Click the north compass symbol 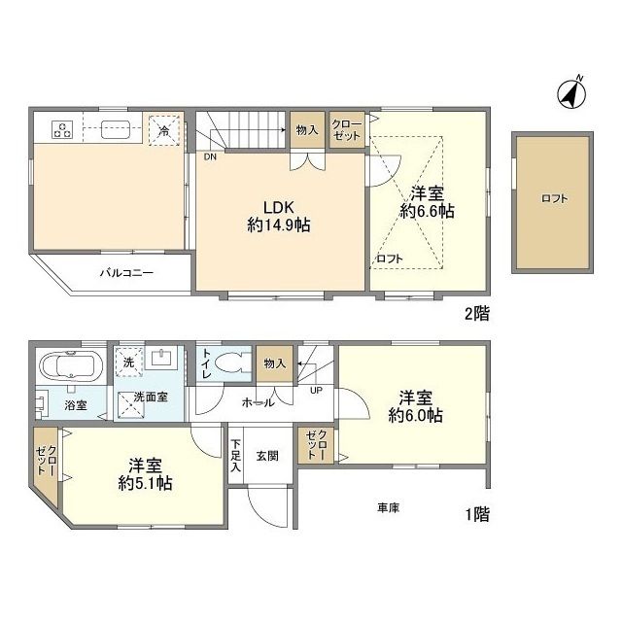click(x=570, y=92)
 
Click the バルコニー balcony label click(x=126, y=274)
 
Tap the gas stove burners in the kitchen click(x=63, y=128)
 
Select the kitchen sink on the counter click(x=118, y=128)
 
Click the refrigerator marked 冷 click(x=164, y=129)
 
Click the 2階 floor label click(x=475, y=313)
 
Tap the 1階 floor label click(x=475, y=514)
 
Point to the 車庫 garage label click(x=389, y=507)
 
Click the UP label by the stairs click(x=316, y=390)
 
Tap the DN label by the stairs click(x=210, y=155)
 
